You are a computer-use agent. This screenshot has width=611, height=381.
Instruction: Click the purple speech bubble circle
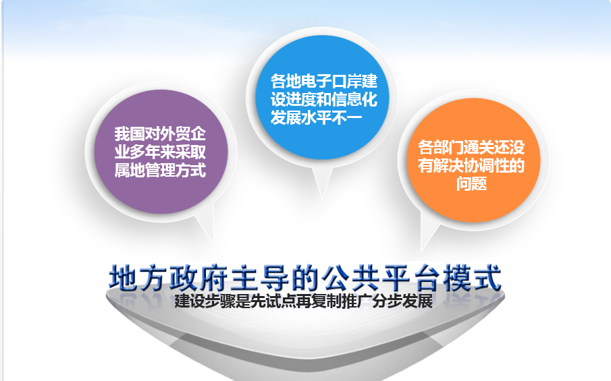pyautogui.click(x=161, y=152)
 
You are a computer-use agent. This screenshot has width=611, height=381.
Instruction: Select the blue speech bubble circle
pyautogui.click(x=322, y=97)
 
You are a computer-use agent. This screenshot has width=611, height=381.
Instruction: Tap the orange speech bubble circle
pyautogui.click(x=473, y=160)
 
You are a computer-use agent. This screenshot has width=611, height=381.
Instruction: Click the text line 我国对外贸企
pyautogui.click(x=160, y=134)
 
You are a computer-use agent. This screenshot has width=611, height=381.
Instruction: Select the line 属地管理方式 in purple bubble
pyautogui.click(x=160, y=171)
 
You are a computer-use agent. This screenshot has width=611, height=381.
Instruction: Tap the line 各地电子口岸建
pyautogui.click(x=324, y=81)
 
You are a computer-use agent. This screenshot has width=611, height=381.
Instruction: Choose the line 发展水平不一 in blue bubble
pyautogui.click(x=317, y=117)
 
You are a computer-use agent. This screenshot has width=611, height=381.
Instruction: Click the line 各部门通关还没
pyautogui.click(x=471, y=147)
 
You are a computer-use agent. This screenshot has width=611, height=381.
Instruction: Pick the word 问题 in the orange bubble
pyautogui.click(x=471, y=183)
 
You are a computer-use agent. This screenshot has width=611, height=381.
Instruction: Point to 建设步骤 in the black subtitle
pyautogui.click(x=205, y=301)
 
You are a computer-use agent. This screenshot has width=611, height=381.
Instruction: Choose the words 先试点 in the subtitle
pyautogui.click(x=273, y=301)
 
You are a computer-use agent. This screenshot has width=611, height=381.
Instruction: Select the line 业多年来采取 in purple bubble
pyautogui.click(x=160, y=152)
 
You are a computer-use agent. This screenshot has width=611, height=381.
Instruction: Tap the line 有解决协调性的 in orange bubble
pyautogui.click(x=471, y=165)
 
